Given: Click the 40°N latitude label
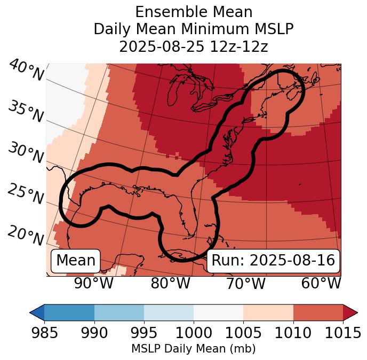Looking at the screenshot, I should (26, 71).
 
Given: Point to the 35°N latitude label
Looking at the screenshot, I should (26, 112).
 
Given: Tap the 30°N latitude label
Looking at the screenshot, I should (26, 153).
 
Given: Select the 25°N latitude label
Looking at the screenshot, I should (26, 194).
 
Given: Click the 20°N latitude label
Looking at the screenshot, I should (26, 236).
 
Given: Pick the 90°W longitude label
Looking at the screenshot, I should (93, 284).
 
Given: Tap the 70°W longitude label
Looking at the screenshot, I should (245, 284).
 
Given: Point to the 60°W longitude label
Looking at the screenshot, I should (321, 284).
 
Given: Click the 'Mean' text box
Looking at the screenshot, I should (76, 261).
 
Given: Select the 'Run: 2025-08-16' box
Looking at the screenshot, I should (273, 261).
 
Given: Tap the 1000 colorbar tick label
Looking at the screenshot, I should (194, 333).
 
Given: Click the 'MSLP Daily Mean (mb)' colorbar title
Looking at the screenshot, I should (193, 349).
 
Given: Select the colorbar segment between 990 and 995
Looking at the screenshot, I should (119, 312).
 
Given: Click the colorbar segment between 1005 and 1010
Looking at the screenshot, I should (268, 312).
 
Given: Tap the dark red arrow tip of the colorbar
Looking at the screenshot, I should (351, 312).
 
